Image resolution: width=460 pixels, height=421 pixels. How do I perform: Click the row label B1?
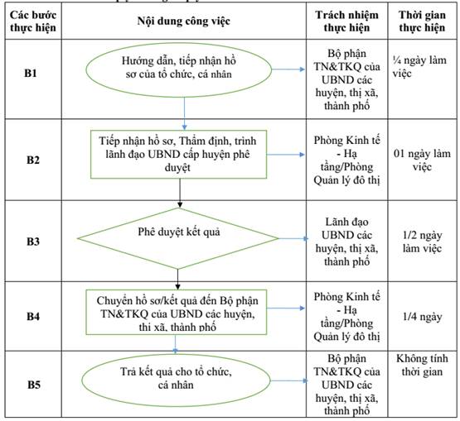tap(31, 73)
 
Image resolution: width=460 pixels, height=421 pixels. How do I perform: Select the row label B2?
tap(33, 160)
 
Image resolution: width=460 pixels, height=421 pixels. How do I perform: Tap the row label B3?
tap(33, 242)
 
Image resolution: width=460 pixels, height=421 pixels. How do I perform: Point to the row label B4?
tap(33, 317)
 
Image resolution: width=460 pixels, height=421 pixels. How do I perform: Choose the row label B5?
tap(34, 385)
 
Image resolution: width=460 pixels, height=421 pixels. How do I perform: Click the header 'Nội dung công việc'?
tap(184, 21)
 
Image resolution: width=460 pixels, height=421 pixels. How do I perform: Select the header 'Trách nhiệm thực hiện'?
tap(346, 21)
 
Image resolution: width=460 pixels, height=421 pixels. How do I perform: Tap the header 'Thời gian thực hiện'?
tap(422, 21)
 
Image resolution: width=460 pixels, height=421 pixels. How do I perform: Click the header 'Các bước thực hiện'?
tap(33, 21)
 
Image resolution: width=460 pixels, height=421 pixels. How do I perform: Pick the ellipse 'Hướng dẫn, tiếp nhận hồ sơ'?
tap(179, 69)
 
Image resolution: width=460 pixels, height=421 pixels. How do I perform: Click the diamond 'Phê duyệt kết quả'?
tap(177, 238)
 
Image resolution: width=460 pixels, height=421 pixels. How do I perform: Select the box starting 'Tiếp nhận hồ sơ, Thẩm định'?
tap(179, 155)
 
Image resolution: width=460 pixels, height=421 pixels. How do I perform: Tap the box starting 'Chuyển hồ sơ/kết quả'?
tap(177, 312)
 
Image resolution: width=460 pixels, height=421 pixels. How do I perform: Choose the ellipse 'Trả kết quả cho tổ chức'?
tap(176, 380)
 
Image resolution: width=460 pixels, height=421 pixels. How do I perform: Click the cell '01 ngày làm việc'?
tap(422, 160)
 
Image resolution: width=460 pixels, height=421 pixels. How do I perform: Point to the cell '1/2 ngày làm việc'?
tap(422, 242)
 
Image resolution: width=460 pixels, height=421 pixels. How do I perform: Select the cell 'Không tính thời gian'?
tap(422, 365)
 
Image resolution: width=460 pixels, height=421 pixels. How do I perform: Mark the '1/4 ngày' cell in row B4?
tap(422, 317)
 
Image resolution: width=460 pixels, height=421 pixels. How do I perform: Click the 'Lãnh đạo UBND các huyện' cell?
tap(346, 242)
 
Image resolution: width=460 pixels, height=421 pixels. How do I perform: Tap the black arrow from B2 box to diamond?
tap(180, 194)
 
